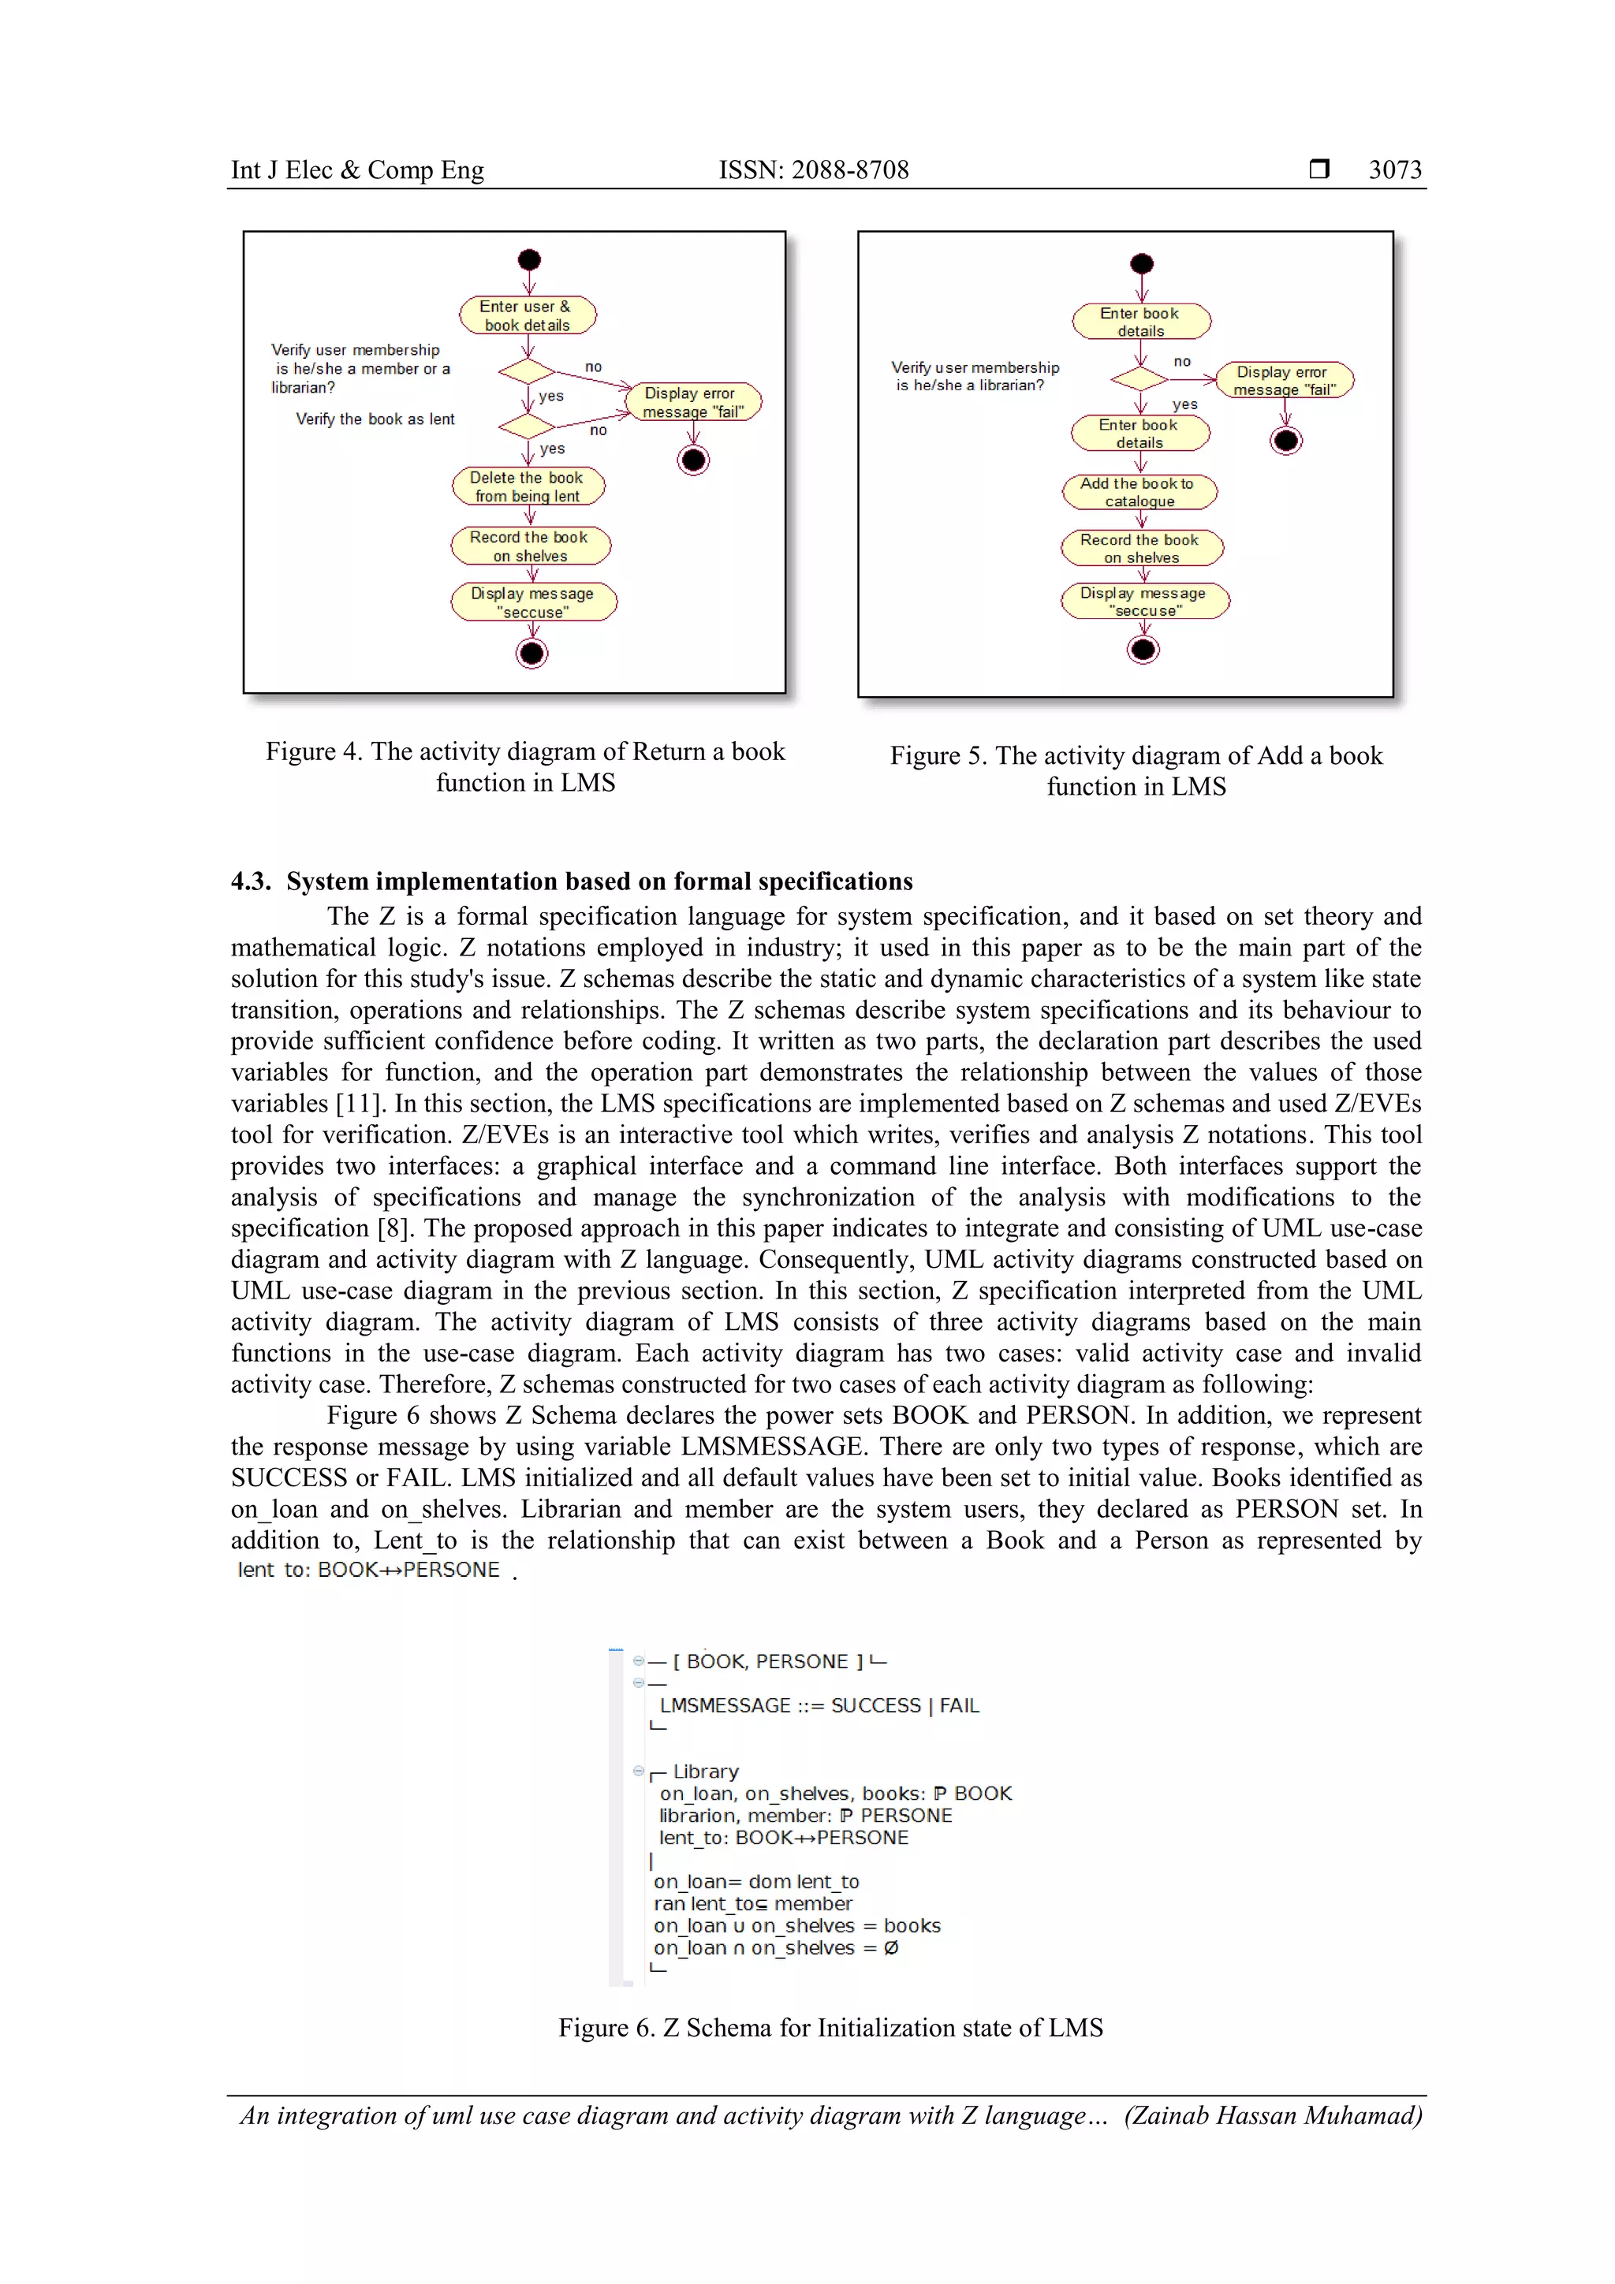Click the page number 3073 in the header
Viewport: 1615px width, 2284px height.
coord(1394,170)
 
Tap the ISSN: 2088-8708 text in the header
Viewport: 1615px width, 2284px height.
coord(813,170)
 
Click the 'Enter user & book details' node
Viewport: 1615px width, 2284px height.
coord(528,315)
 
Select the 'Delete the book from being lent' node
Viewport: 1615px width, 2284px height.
coord(528,486)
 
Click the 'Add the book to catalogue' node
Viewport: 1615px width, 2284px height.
coord(1139,491)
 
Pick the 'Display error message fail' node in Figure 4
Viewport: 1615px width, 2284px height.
coord(692,402)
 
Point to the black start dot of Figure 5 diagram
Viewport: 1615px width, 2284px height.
coord(1141,263)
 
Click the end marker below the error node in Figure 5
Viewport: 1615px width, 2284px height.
coord(1285,441)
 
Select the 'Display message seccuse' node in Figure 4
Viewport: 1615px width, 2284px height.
coord(533,602)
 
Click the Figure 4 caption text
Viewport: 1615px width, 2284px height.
coord(524,766)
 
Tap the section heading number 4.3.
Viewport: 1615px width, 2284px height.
coord(250,881)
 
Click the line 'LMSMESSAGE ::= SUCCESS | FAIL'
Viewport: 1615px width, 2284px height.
coord(819,1705)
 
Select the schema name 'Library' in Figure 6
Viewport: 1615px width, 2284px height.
coord(706,1771)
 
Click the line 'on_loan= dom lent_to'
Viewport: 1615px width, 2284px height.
coord(756,1881)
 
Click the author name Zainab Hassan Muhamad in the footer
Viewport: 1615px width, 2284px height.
coord(1273,2115)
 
